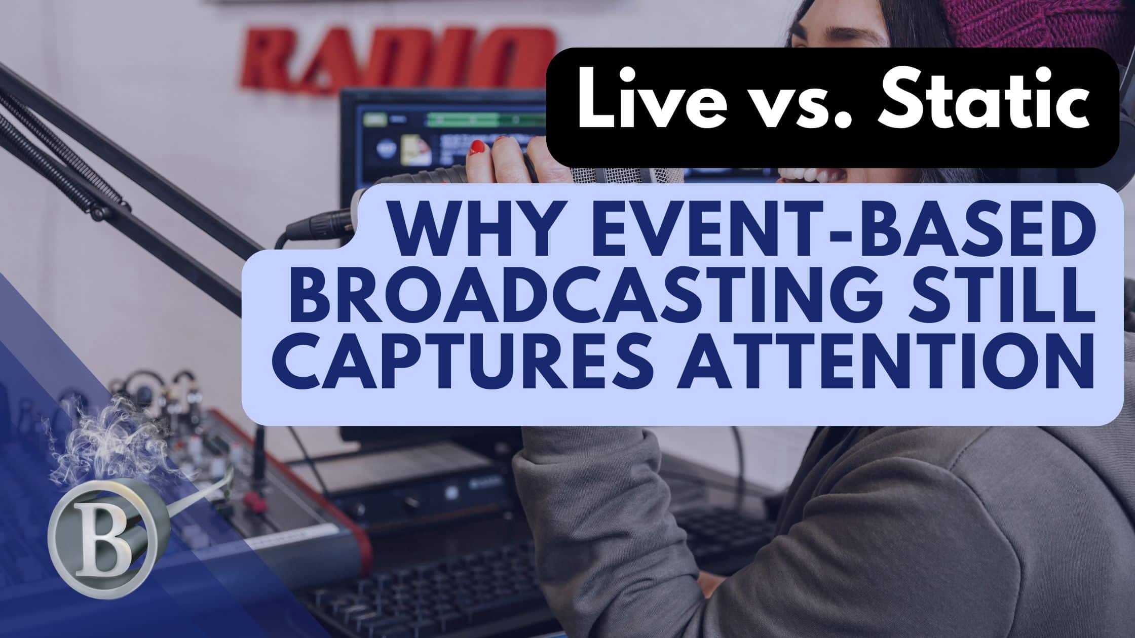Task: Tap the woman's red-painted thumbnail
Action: pyautogui.click(x=477, y=148)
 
